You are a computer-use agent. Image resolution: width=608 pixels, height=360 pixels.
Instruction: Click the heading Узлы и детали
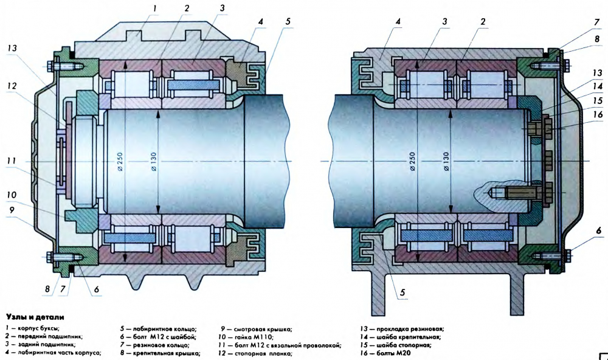pyautogui.click(x=35, y=317)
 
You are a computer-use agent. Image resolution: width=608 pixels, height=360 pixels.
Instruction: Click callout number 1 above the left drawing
pyautogui.click(x=154, y=8)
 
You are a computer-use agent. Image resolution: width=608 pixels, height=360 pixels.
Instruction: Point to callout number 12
pyautogui.click(x=12, y=86)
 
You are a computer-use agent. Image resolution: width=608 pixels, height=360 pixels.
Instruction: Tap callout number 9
pyautogui.click(x=12, y=210)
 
